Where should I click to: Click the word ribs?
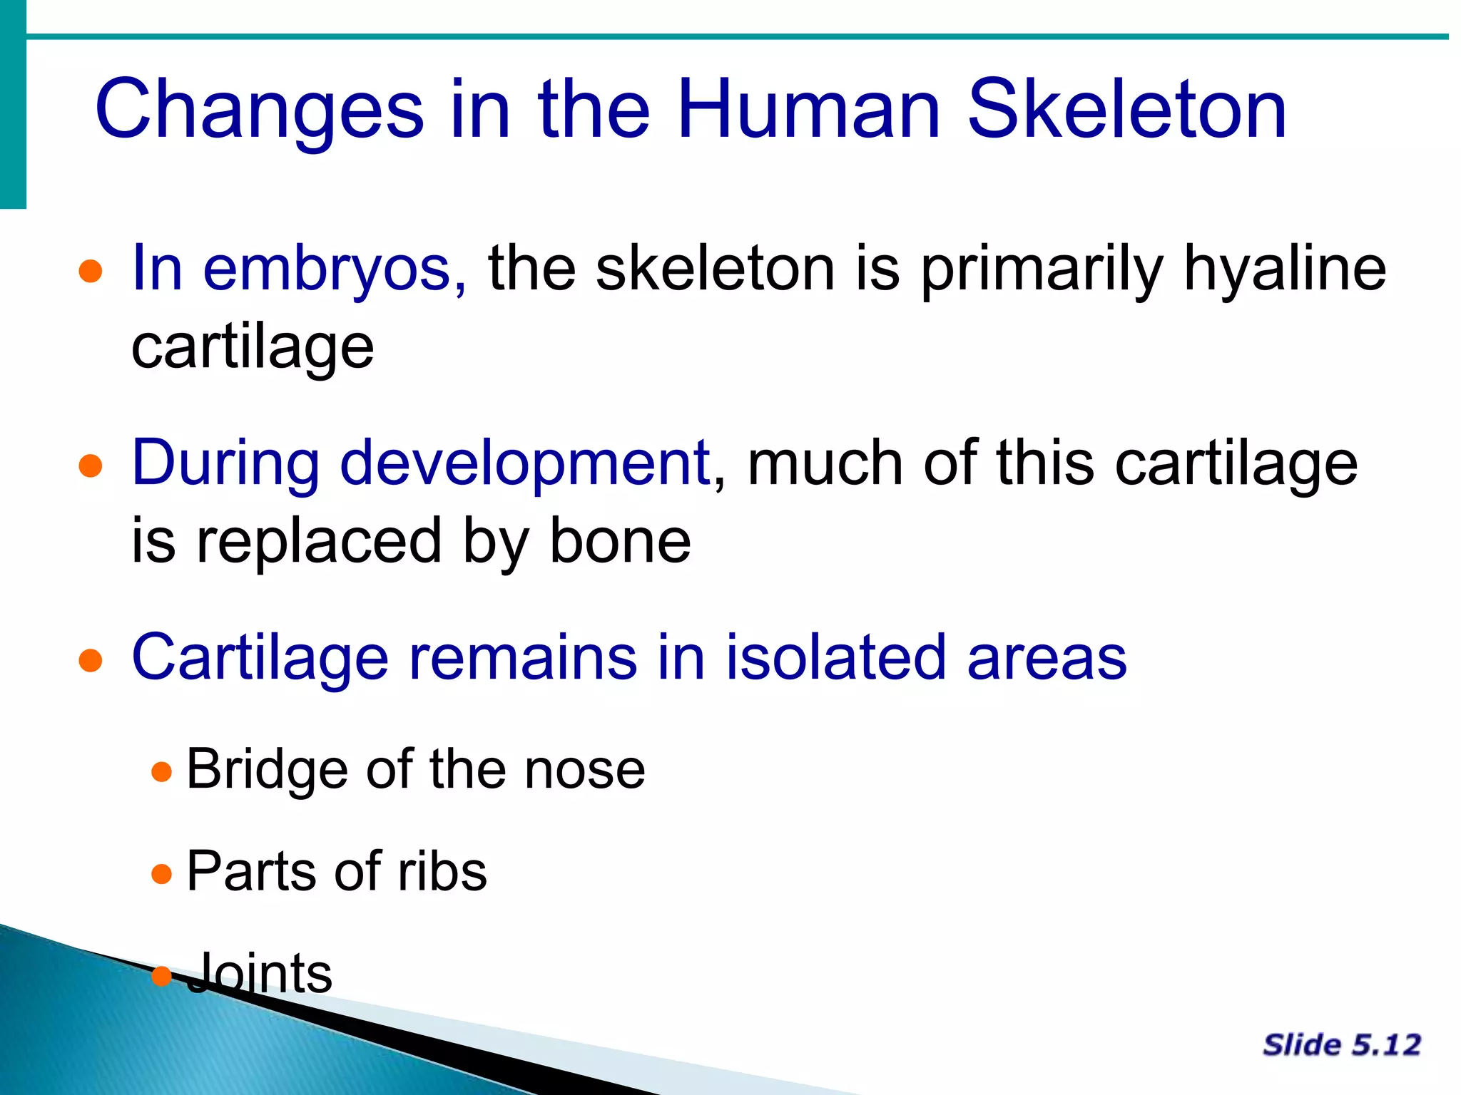tap(442, 872)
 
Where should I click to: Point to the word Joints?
tap(260, 974)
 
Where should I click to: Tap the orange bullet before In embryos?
tap(91, 272)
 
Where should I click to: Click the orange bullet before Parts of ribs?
tap(162, 873)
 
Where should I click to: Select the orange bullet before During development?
tap(91, 466)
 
